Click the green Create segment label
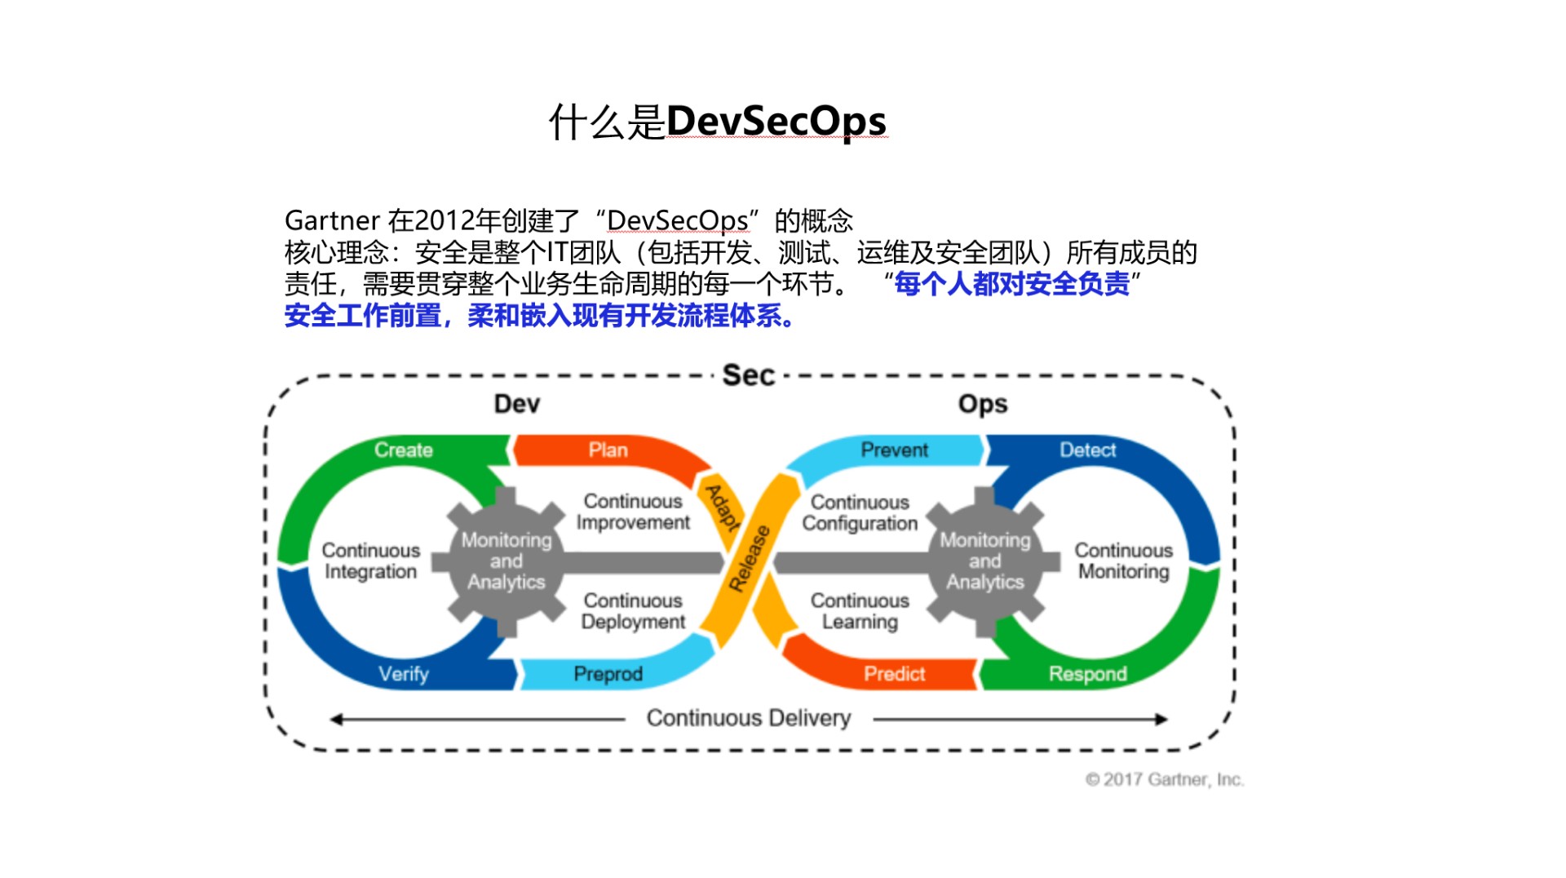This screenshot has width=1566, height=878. (x=403, y=450)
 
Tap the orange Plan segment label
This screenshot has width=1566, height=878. (x=608, y=450)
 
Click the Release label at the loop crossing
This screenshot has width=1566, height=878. (x=749, y=559)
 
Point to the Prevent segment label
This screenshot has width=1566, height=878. (x=894, y=450)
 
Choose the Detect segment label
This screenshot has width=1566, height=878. (x=1087, y=450)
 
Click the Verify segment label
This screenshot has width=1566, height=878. (x=403, y=674)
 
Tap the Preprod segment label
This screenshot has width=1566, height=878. (x=608, y=674)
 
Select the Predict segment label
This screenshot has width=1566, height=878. (x=894, y=674)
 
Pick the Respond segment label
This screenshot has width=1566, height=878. (x=1087, y=674)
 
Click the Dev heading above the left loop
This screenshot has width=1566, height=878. (x=516, y=404)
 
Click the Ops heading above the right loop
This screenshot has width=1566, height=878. (x=982, y=404)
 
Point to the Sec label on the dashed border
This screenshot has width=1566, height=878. (x=748, y=375)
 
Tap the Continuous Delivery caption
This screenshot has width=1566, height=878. (x=748, y=718)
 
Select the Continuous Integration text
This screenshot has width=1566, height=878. (x=370, y=561)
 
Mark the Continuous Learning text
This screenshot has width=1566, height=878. (x=860, y=611)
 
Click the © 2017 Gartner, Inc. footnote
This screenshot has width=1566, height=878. (x=1164, y=779)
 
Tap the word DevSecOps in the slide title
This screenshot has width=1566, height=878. (x=776, y=122)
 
